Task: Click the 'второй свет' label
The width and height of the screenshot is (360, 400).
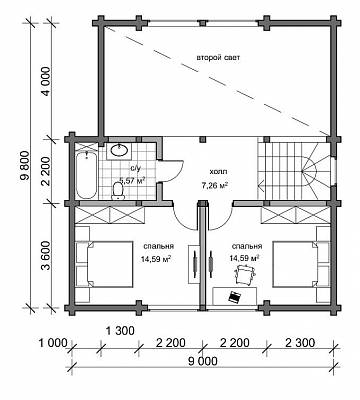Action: click(218, 58)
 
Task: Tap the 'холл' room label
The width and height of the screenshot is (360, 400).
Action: click(218, 172)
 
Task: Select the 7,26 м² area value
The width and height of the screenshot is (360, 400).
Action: click(214, 185)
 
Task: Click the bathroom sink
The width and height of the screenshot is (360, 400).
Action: click(118, 151)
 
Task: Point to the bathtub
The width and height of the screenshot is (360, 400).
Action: click(86, 175)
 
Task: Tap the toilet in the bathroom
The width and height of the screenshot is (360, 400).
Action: click(118, 191)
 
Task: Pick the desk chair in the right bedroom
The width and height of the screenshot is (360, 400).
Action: click(245, 274)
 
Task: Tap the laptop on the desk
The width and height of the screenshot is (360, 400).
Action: click(235, 296)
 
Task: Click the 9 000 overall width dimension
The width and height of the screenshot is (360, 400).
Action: click(202, 361)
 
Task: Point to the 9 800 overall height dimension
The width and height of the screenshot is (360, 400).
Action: click(25, 166)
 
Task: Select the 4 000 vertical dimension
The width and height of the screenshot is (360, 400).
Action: click(46, 81)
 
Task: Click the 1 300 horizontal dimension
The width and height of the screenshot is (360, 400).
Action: click(120, 331)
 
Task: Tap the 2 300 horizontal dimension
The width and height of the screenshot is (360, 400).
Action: click(300, 342)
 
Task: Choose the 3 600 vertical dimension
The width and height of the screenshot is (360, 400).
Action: click(46, 255)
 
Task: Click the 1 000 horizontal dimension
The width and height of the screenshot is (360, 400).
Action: click(53, 342)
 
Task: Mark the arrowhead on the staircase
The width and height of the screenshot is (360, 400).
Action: click(262, 184)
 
